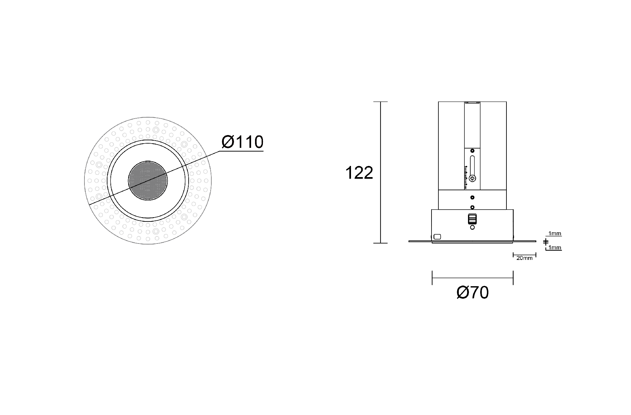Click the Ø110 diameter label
coord(242,142)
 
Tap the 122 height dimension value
coord(359,173)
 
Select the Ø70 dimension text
coord(473,292)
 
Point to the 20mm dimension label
coord(524,258)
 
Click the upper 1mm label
coord(555,234)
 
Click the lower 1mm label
coord(555,248)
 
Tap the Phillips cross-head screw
coord(473,179)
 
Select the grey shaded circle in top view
coord(148,180)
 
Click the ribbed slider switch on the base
coord(472,219)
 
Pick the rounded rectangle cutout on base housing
coord(437,237)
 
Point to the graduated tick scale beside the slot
coord(466,177)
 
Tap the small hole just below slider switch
coord(472,227)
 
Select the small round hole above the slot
coord(472,151)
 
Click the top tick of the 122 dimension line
coord(381,102)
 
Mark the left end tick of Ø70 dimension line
coord(432,278)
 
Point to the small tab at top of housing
coord(472,103)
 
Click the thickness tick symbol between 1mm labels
coord(546,242)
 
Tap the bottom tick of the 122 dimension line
coord(381,243)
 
